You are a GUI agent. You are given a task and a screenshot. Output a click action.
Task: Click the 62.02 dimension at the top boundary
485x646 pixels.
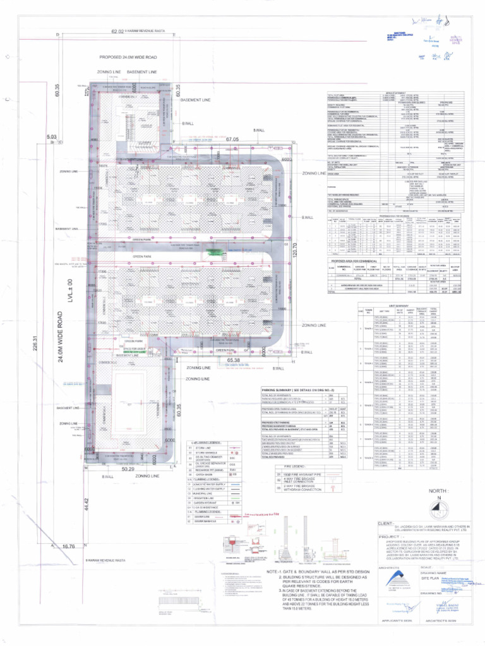pyautogui.click(x=117, y=31)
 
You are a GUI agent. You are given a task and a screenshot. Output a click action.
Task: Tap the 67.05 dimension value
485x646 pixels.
pyautogui.click(x=232, y=139)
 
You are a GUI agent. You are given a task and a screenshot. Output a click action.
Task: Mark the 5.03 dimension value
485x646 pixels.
pyautogui.click(x=51, y=136)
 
